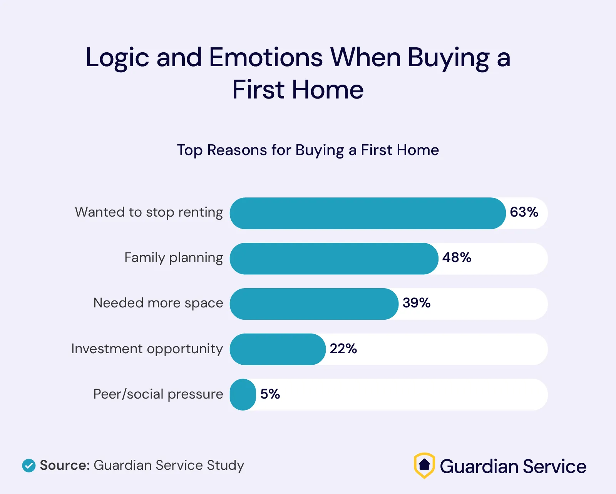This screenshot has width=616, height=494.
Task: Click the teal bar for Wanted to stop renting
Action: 368,214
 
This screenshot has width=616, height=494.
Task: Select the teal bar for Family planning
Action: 334,259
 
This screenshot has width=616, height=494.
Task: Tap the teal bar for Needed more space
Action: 314,304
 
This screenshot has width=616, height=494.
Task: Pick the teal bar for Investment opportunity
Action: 278,349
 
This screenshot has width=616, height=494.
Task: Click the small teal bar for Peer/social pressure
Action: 243,395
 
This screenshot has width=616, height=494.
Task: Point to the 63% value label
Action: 524,212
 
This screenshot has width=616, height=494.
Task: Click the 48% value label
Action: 457,257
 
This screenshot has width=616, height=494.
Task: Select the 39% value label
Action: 417,303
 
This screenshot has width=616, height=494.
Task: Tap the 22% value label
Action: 343,349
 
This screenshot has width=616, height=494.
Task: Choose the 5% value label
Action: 270,394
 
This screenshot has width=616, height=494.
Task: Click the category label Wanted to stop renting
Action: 149,212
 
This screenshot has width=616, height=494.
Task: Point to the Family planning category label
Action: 174,258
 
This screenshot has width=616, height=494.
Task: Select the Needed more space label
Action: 158,303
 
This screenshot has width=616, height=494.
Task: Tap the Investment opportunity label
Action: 147,349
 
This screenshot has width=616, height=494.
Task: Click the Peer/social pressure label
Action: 158,394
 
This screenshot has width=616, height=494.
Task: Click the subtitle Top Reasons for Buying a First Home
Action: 308,150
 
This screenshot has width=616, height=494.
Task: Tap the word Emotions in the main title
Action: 266,58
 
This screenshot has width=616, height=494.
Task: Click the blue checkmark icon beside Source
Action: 29,466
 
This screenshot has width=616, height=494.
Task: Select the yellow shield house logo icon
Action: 424,466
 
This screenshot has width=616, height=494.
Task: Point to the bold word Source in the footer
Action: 65,466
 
